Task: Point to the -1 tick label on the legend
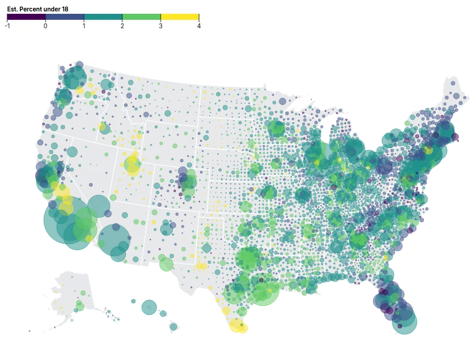coord(7,26)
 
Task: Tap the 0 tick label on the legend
coord(46,26)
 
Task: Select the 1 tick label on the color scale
coord(84,26)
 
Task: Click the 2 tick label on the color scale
coord(122,26)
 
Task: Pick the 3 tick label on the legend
coord(161,26)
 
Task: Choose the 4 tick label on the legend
coord(198,26)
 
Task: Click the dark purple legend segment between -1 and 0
coord(26,17)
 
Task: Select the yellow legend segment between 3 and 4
coord(180,17)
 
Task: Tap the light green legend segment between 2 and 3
coord(141,17)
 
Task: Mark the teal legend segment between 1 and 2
coord(103,17)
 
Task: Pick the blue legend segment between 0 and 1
coord(65,17)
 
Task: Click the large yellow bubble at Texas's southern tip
coord(237,326)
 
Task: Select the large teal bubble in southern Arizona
coord(113,239)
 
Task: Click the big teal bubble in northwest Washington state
coord(76,77)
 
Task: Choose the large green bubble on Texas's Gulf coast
coord(263,289)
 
